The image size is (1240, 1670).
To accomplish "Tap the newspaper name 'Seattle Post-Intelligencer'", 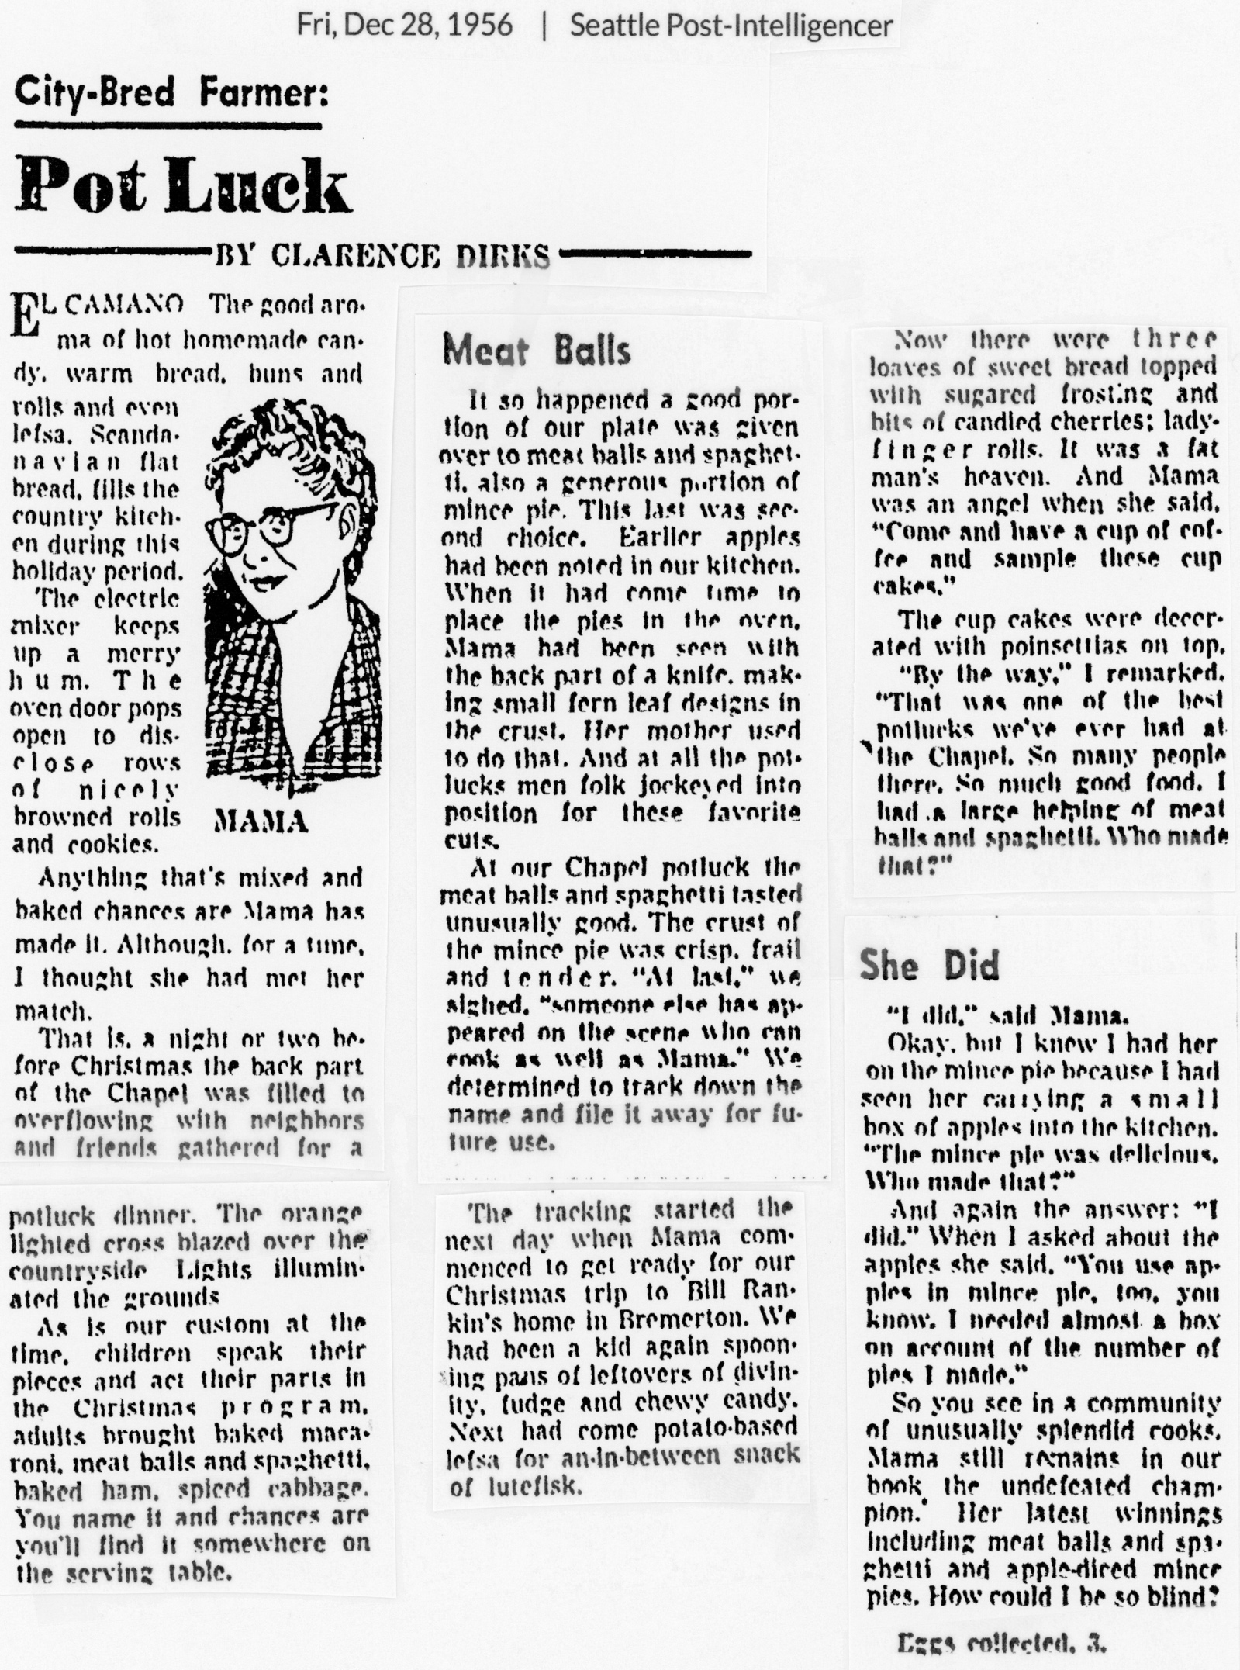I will tap(731, 26).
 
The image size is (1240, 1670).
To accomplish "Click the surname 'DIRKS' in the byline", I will tap(503, 255).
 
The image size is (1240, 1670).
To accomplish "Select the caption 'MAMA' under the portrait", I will tap(261, 821).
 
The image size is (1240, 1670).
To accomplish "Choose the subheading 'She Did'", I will tap(928, 965).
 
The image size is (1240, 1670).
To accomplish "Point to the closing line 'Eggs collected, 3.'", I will tap(1000, 1641).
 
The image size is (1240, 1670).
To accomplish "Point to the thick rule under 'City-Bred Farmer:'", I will tap(168, 125).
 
